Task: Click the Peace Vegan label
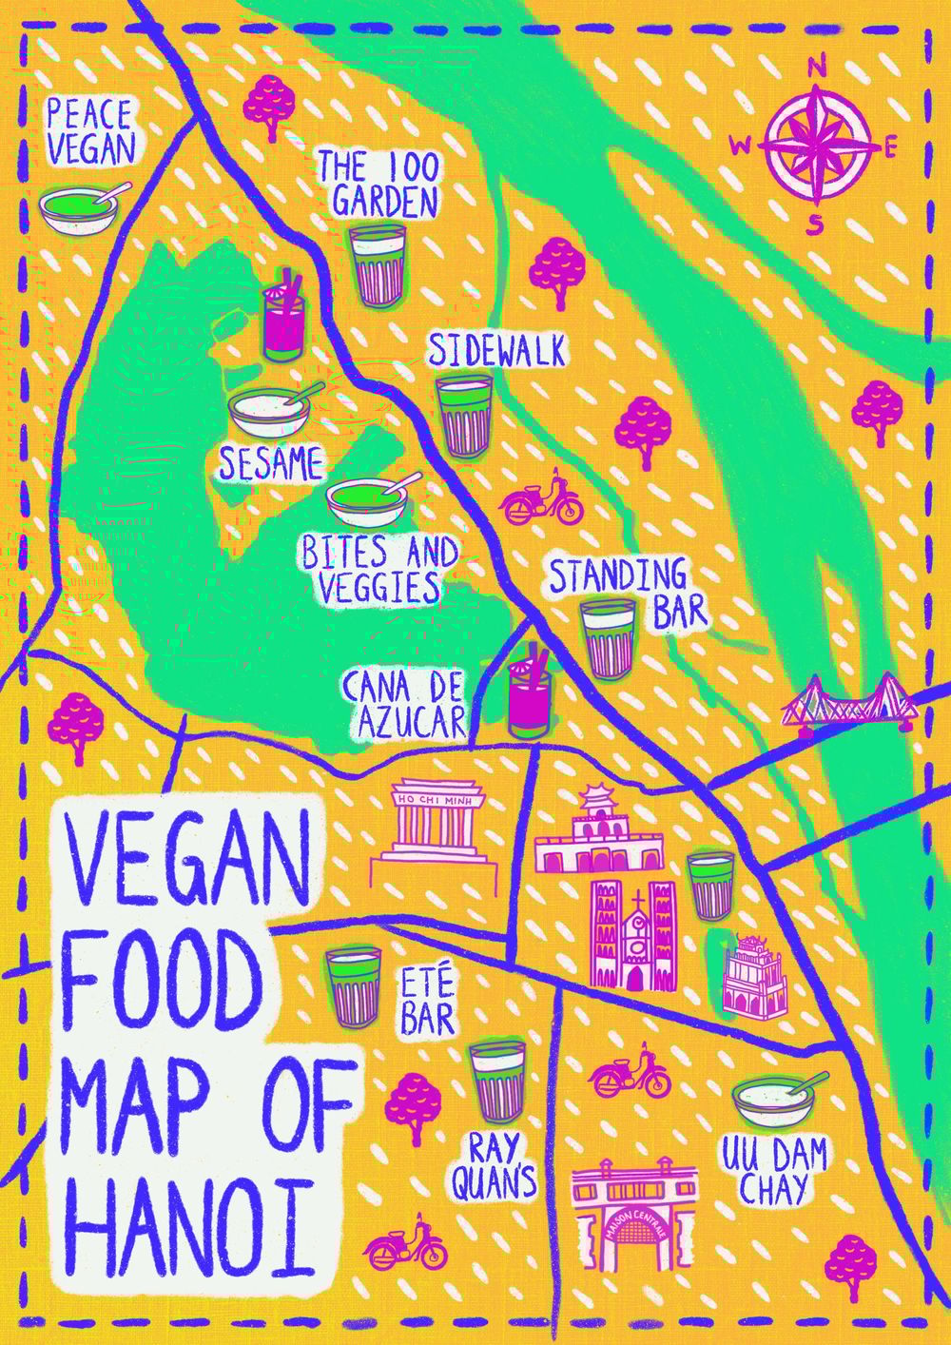pyautogui.click(x=89, y=132)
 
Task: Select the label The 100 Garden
pyautogui.click(x=378, y=185)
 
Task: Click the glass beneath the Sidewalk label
pyautogui.click(x=464, y=415)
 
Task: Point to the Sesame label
pyautogui.click(x=270, y=464)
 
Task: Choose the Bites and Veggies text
pyautogui.click(x=378, y=569)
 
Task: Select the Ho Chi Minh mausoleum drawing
pyautogui.click(x=435, y=827)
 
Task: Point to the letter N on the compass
pyautogui.click(x=816, y=67)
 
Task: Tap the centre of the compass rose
pyautogui.click(x=816, y=146)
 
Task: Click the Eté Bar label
pyautogui.click(x=427, y=1000)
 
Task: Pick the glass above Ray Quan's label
pyautogui.click(x=496, y=1082)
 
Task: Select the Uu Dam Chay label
pyautogui.click(x=773, y=1171)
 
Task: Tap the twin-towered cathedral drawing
pyautogui.click(x=632, y=932)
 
